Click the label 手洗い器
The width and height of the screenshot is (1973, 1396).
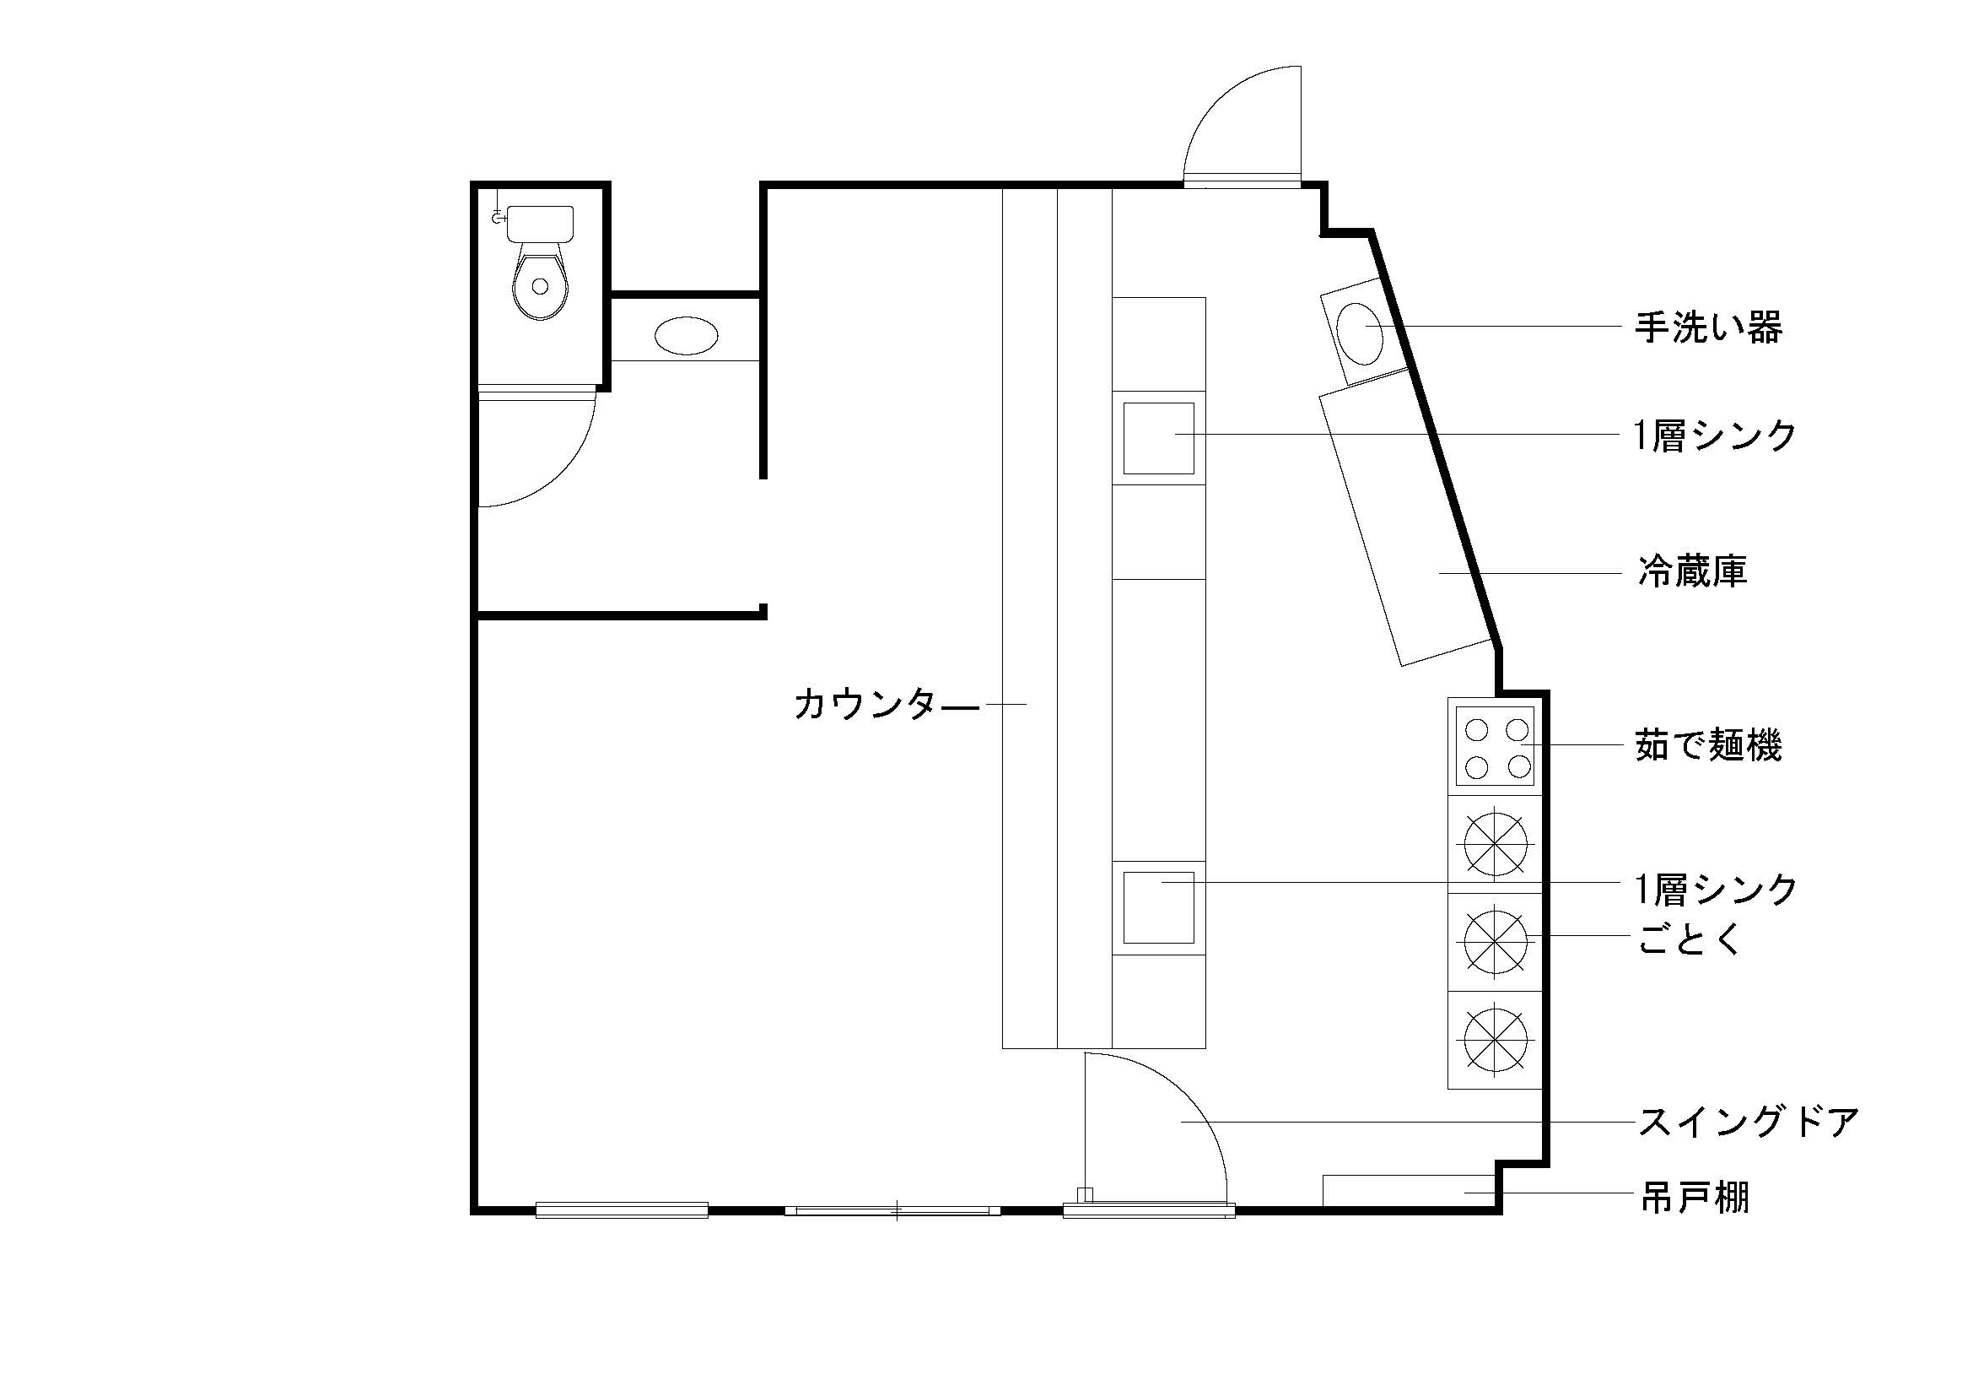(x=1708, y=327)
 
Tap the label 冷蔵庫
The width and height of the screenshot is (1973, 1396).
(x=1692, y=571)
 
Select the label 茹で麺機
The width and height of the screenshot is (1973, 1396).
(x=1708, y=744)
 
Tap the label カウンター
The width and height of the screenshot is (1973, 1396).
(x=886, y=704)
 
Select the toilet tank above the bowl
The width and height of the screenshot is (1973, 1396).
(x=541, y=224)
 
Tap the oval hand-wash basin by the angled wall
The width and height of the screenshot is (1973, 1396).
(x=1361, y=334)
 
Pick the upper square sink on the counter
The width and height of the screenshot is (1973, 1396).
(x=1158, y=438)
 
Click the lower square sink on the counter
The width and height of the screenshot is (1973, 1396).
(x=1158, y=908)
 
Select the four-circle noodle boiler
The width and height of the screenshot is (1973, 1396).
(x=1496, y=746)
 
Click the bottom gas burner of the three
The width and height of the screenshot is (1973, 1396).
(x=1496, y=1039)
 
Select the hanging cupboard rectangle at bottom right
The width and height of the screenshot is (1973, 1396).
(x=1409, y=1190)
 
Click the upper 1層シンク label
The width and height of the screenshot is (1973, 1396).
(x=1715, y=436)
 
